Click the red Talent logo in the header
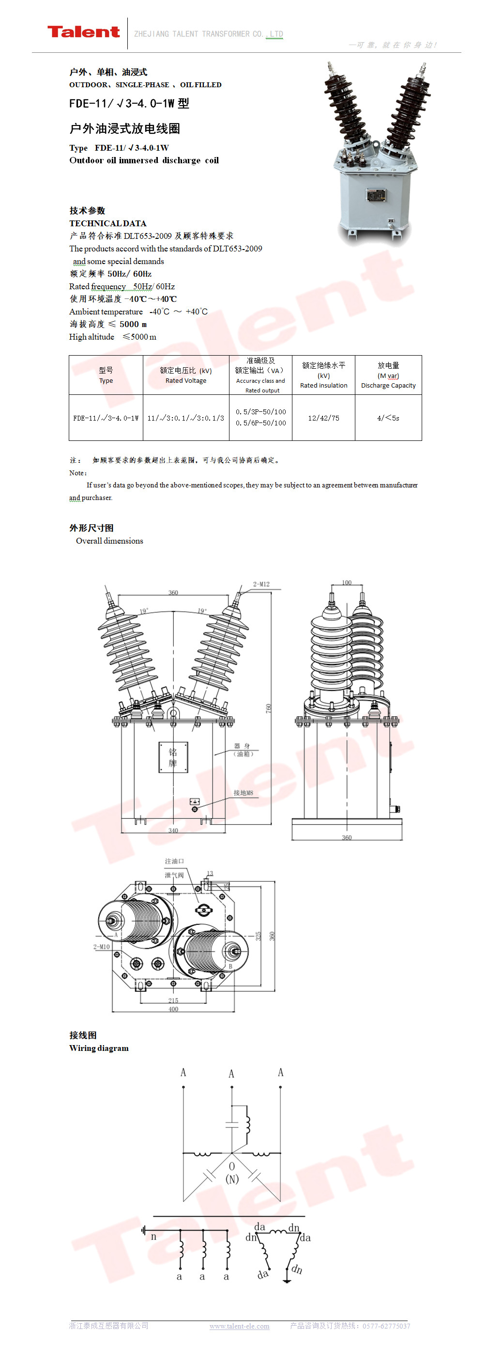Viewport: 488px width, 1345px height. [x=83, y=32]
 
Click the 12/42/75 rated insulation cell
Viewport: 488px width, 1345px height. [x=323, y=418]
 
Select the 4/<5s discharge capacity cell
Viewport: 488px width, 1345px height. [x=388, y=418]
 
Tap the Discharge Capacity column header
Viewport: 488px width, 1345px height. [x=388, y=375]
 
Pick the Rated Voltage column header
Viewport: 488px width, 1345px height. [x=186, y=375]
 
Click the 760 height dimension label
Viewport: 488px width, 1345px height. [x=269, y=708]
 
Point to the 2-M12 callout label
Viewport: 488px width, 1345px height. [x=261, y=584]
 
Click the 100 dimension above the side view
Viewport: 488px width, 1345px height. [x=347, y=583]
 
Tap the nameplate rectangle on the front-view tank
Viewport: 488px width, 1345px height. [x=173, y=757]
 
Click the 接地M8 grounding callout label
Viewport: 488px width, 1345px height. [x=243, y=793]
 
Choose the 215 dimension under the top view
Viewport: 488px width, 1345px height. [x=173, y=1001]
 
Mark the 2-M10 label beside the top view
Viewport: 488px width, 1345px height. [x=101, y=947]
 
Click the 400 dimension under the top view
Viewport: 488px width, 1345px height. [x=173, y=1009]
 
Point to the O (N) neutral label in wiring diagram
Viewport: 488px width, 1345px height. [x=232, y=1172]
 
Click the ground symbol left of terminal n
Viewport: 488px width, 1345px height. [x=143, y=1231]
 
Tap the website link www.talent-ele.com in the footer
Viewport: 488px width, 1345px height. [x=240, y=1326]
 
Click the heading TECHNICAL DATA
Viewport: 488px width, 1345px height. [x=108, y=223]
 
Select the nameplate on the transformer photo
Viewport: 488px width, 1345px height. [x=376, y=195]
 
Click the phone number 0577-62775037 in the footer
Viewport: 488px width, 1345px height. [x=386, y=1326]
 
